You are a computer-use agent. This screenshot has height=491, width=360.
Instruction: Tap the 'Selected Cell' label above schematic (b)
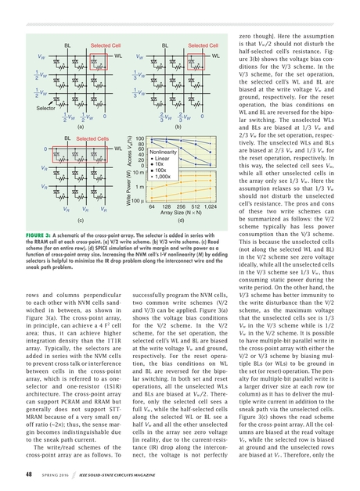tap(202, 46)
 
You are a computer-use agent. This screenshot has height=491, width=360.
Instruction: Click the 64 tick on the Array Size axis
tap(153, 206)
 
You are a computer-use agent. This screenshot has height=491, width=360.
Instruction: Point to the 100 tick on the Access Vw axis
tap(140, 138)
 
